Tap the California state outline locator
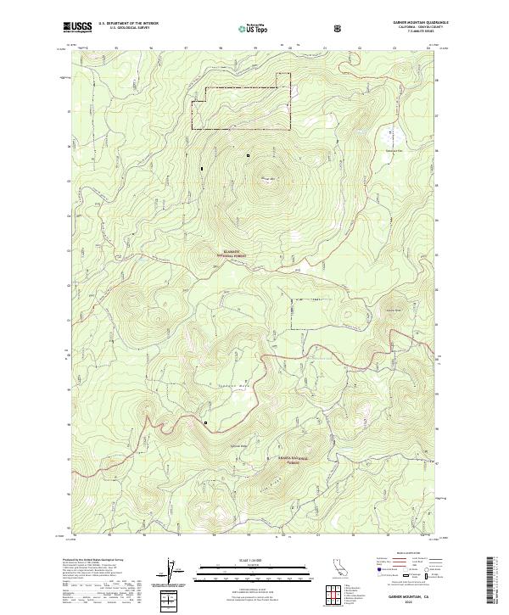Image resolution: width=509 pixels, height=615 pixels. click(x=338, y=569)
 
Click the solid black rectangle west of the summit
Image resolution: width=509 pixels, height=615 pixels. click(x=202, y=170)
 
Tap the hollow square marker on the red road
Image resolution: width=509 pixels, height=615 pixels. click(x=205, y=421)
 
